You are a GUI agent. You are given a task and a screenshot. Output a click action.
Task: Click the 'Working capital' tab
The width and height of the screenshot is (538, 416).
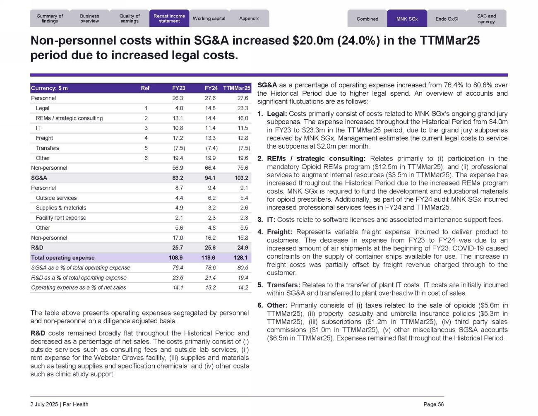(x=209, y=19)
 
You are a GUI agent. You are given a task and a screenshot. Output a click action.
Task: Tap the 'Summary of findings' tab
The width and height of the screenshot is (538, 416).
(x=50, y=19)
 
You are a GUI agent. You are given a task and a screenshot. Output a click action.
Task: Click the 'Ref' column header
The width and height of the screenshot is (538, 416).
(x=145, y=88)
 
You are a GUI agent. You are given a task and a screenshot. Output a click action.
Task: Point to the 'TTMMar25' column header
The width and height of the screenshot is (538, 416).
(x=236, y=88)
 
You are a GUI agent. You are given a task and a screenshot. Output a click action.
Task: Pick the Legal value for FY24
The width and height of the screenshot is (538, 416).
(x=210, y=108)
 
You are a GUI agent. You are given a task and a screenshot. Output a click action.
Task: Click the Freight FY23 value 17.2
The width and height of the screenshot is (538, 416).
(x=178, y=138)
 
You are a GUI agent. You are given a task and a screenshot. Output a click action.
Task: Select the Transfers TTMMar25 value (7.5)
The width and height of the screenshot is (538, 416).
(x=244, y=148)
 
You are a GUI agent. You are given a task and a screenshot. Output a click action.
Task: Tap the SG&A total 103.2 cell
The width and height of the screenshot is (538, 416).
(x=241, y=178)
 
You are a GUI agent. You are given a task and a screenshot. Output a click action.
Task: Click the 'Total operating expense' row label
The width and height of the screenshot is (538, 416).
(x=63, y=258)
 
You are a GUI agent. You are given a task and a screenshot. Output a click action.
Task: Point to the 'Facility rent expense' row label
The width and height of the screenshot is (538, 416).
(x=61, y=218)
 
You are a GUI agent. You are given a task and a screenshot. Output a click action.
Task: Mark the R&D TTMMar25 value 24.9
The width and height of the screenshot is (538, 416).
(x=243, y=248)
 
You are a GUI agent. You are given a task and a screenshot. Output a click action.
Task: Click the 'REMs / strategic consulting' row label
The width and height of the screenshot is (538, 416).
(x=69, y=118)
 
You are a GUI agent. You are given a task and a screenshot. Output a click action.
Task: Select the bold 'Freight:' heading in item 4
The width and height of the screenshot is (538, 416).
(x=279, y=232)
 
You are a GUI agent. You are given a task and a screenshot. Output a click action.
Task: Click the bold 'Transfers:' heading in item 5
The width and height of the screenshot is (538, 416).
(x=283, y=285)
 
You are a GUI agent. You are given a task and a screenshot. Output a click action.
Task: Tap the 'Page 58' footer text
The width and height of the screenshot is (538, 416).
(x=433, y=404)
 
